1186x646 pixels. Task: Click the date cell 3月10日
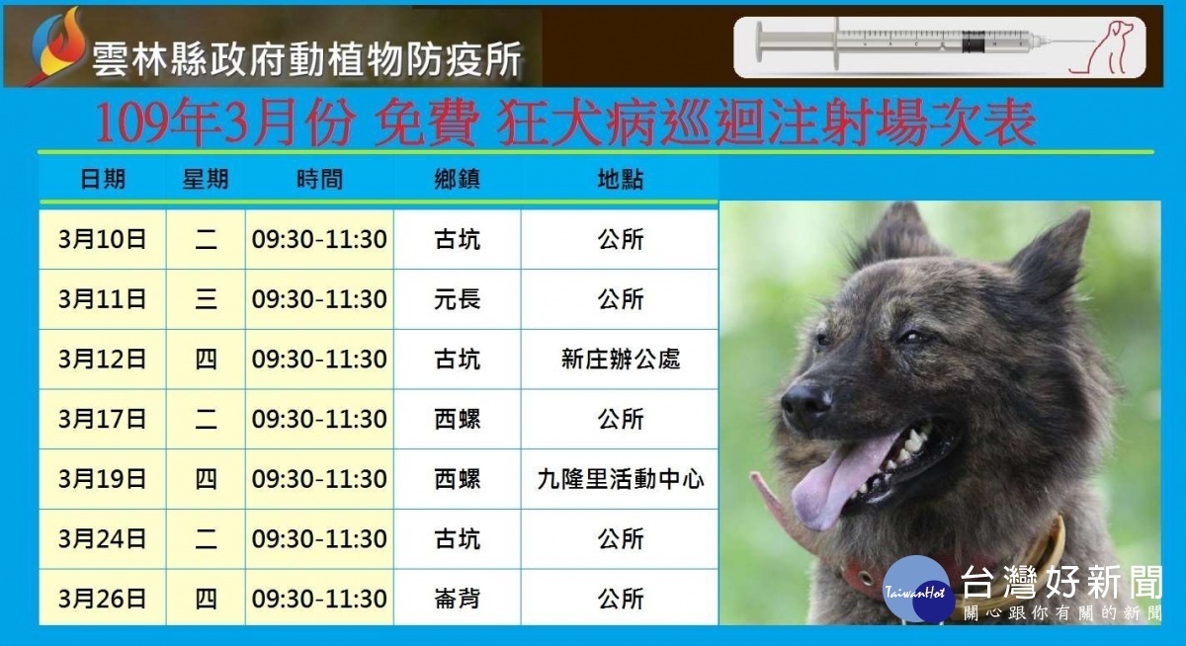click(102, 239)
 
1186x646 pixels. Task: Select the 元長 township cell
click(457, 299)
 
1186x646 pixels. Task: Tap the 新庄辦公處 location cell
click(620, 360)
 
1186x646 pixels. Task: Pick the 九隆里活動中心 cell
click(620, 479)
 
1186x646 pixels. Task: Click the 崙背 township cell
click(457, 599)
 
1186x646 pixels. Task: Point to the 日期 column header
click(103, 180)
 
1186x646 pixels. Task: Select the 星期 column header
click(206, 180)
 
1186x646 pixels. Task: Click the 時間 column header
click(319, 180)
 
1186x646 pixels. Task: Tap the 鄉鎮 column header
click(457, 180)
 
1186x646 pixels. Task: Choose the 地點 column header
click(621, 180)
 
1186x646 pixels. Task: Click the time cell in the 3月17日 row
click(319, 419)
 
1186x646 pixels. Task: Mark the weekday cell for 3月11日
click(206, 299)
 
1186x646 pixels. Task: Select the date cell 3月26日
click(102, 599)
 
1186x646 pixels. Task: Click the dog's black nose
click(805, 406)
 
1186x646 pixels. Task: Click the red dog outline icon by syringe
click(1102, 47)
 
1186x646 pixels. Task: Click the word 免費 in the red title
click(427, 123)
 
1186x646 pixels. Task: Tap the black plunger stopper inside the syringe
click(974, 41)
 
